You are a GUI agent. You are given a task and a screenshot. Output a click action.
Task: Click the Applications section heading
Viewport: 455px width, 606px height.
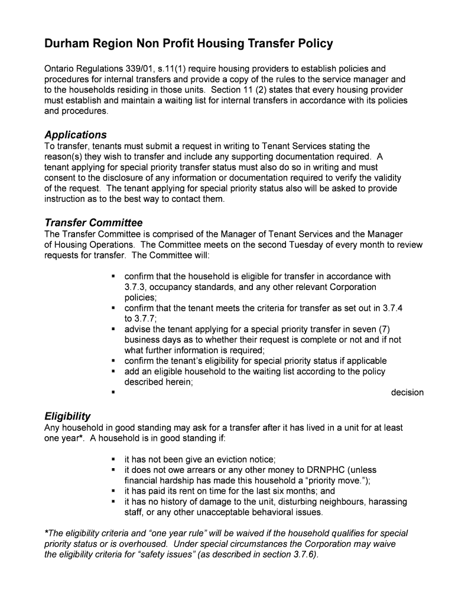tap(76, 135)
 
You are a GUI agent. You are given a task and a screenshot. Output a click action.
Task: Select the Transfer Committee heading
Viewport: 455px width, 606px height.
tap(93, 223)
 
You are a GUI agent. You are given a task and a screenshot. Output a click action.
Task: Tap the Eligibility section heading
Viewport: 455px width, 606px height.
tap(67, 416)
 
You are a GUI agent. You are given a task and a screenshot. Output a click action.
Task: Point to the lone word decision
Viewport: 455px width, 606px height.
tap(407, 392)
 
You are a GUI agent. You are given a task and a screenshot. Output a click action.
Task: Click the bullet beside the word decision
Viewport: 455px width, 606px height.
tap(112, 392)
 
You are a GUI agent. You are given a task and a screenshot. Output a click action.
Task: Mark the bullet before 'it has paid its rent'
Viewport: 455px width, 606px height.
tap(112, 491)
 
